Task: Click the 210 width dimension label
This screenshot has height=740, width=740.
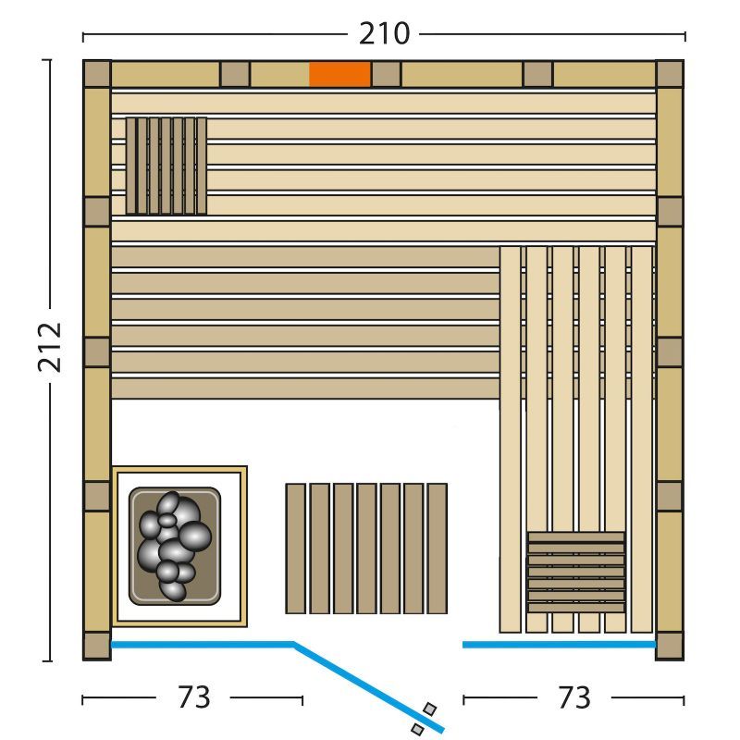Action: pyautogui.click(x=384, y=34)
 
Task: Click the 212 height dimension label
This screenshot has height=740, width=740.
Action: pyautogui.click(x=50, y=348)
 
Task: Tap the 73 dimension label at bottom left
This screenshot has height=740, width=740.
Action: pyautogui.click(x=193, y=697)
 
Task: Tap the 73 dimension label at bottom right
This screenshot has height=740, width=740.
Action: pyautogui.click(x=573, y=697)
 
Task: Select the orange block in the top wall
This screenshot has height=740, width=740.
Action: pyautogui.click(x=339, y=75)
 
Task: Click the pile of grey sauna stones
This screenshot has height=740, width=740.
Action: pyautogui.click(x=175, y=546)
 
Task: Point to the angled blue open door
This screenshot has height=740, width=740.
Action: pyautogui.click(x=368, y=686)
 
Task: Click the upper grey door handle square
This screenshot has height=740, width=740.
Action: pyautogui.click(x=429, y=709)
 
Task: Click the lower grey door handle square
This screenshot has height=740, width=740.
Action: pyautogui.click(x=417, y=729)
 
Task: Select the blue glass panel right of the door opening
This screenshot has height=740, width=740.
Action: pyautogui.click(x=560, y=644)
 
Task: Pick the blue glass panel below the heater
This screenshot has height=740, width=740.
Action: pyautogui.click(x=203, y=644)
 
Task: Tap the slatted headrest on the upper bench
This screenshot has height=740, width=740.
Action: pyautogui.click(x=166, y=166)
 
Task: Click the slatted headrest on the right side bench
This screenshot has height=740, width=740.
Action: pyautogui.click(x=575, y=573)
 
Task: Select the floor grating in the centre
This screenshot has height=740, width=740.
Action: pyautogui.click(x=366, y=549)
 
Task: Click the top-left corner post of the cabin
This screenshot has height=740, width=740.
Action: pyautogui.click(x=97, y=74)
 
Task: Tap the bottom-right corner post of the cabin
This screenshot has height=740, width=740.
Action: pyautogui.click(x=670, y=646)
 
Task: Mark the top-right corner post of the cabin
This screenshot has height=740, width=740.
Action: pyautogui.click(x=670, y=74)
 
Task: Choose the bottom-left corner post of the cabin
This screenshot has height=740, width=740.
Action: pyautogui.click(x=97, y=646)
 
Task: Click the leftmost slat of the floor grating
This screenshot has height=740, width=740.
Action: pyautogui.click(x=295, y=549)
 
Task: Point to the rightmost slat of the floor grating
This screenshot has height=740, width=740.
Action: pyautogui.click(x=437, y=549)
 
